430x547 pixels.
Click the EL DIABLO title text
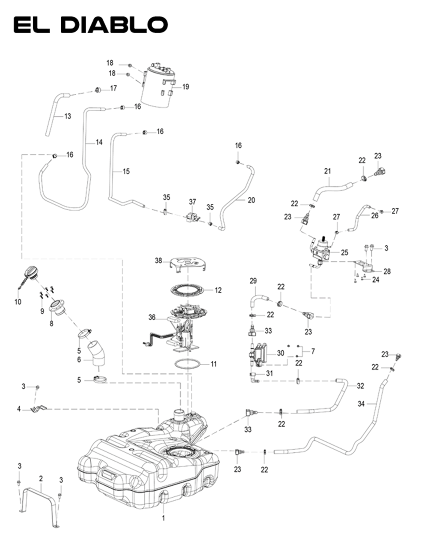click(90, 25)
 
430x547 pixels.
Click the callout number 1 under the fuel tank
click(163, 518)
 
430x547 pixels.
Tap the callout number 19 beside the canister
click(185, 87)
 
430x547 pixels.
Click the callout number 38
click(159, 260)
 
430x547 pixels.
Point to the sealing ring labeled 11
click(188, 364)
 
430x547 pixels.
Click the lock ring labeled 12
click(188, 290)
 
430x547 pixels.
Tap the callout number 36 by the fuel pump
click(152, 317)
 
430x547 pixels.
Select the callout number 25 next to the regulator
click(345, 252)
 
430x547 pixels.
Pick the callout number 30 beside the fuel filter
click(281, 353)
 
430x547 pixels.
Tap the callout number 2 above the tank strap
click(41, 478)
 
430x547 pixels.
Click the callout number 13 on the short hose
click(67, 116)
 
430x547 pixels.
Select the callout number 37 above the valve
click(193, 202)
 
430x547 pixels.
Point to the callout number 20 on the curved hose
click(251, 200)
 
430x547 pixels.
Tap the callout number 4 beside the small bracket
click(19, 409)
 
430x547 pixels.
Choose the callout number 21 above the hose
click(327, 171)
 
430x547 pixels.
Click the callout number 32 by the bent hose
click(360, 386)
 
